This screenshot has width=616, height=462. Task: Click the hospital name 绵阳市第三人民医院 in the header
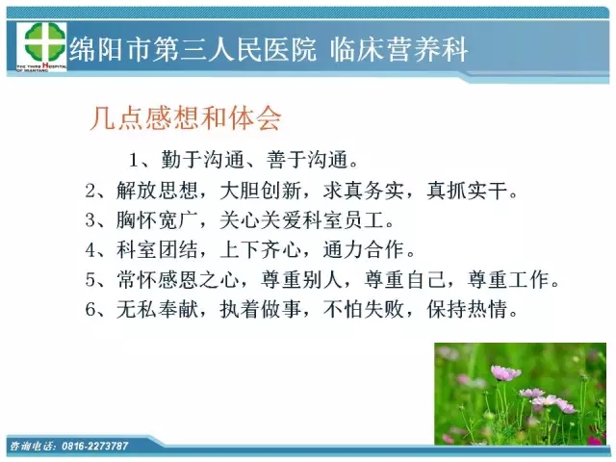tap(192, 50)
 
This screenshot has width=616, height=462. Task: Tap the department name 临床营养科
tap(399, 50)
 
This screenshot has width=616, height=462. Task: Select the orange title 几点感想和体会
tap(186, 117)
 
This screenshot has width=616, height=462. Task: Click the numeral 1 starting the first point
tap(134, 161)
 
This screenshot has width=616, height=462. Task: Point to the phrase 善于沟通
tap(308, 160)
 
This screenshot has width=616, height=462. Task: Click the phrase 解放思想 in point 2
tap(157, 191)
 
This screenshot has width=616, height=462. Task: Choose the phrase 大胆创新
tap(261, 191)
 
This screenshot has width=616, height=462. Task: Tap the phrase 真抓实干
tap(468, 191)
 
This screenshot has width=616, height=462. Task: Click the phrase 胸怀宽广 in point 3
tap(157, 220)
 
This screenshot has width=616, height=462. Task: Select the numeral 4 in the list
tap(90, 250)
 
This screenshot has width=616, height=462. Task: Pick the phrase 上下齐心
tap(261, 249)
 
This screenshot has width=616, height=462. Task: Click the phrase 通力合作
tap(364, 249)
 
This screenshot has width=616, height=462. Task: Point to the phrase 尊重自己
tap(405, 279)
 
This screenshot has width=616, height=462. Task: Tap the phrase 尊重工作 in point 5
tap(508, 279)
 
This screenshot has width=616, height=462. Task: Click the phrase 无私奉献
tap(157, 309)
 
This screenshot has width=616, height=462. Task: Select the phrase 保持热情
tap(468, 309)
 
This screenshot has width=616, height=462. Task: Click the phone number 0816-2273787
tap(95, 446)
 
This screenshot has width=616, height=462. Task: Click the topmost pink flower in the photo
tap(505, 372)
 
